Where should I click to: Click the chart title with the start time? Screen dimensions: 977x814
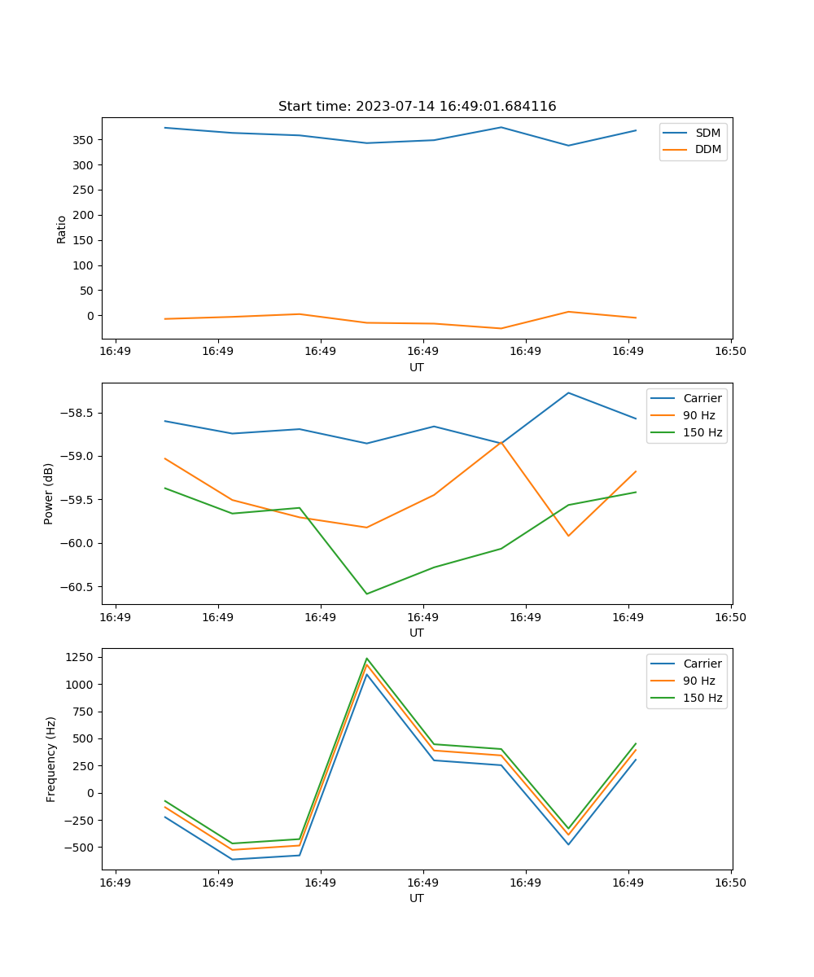[417, 107]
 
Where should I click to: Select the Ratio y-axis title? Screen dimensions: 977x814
[62, 229]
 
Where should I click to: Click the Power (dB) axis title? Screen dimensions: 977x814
[49, 493]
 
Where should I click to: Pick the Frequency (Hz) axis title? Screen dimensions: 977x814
[50, 759]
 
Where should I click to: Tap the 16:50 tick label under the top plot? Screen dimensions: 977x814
[730, 352]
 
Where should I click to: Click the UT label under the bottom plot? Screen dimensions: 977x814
[417, 898]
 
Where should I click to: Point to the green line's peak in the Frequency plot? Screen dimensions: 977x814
[367, 658]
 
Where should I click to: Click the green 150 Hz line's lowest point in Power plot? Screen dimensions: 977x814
[366, 594]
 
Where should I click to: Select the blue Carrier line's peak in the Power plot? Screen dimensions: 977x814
[568, 393]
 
